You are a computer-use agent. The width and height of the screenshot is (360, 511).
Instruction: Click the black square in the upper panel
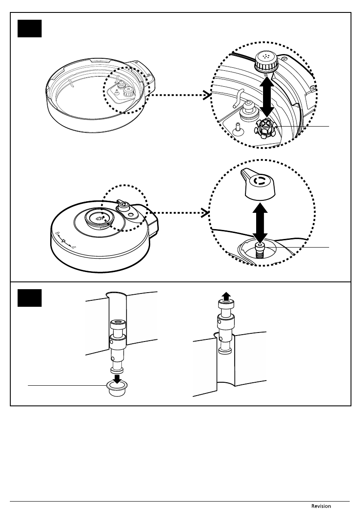(x=30, y=28)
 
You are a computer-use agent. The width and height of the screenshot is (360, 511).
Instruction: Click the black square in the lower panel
(x=30, y=298)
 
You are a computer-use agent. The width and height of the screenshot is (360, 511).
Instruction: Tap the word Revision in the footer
(x=321, y=506)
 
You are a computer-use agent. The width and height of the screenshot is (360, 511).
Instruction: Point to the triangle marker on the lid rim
(x=64, y=242)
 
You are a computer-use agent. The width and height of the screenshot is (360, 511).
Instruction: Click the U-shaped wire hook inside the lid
(x=237, y=98)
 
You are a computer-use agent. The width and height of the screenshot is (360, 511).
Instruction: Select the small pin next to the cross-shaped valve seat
(x=236, y=127)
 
